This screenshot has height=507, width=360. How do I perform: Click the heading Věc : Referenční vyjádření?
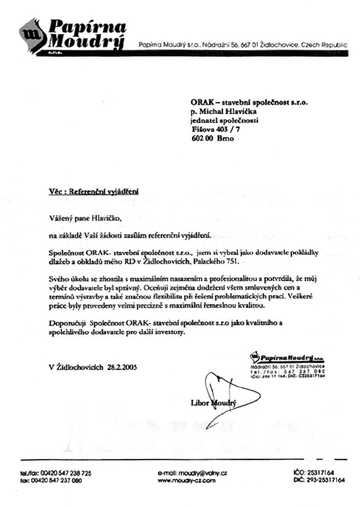pyautogui.click(x=94, y=192)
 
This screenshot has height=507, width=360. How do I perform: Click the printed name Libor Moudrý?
pyautogui.click(x=214, y=403)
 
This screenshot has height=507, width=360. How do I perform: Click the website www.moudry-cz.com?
pyautogui.click(x=187, y=480)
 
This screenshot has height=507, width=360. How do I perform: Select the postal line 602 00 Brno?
pyautogui.click(x=212, y=139)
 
